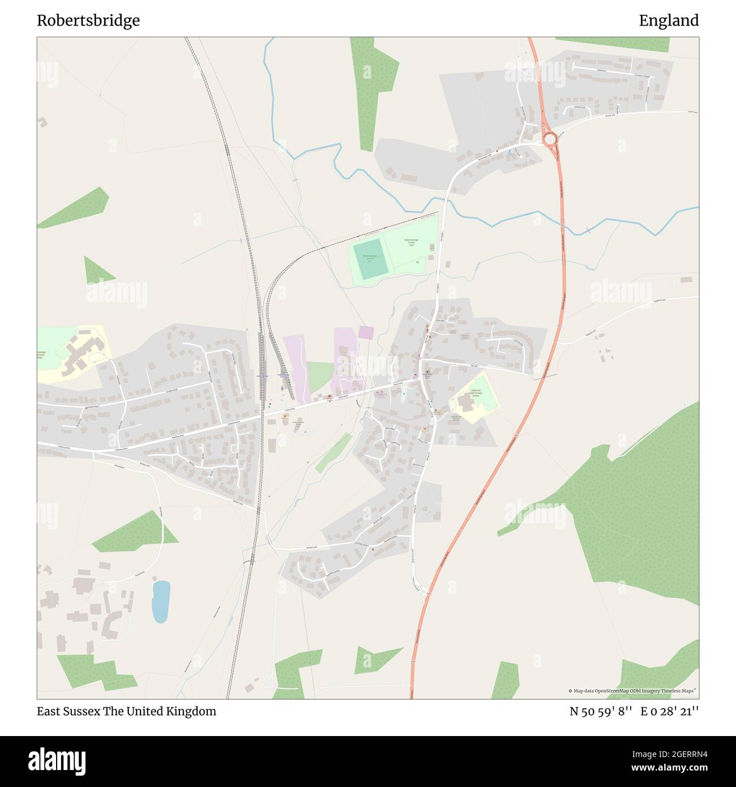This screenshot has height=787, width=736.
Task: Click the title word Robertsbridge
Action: coord(88,21)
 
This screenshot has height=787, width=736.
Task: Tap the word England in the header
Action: coord(669,21)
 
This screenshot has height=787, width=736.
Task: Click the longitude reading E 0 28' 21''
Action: coord(670,711)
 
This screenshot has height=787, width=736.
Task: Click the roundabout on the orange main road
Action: coord(549,138)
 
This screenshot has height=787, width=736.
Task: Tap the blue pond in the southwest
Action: coord(161,601)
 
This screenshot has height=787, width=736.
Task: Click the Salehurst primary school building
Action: coord(465,403)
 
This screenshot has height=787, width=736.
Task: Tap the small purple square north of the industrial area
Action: coord(366,332)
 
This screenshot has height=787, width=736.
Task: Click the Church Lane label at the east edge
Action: coord(692,112)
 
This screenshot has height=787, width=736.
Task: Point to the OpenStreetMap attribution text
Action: coord(633,691)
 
